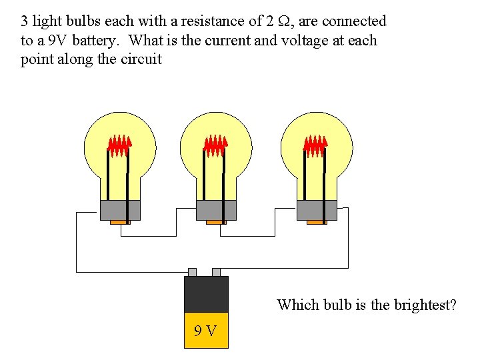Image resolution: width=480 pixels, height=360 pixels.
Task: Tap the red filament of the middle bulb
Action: [216, 145]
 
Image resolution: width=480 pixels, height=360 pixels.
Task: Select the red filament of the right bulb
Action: [316, 145]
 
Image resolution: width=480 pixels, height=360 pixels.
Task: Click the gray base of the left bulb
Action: [120, 210]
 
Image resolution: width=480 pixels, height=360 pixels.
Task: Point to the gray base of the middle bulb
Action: [216, 210]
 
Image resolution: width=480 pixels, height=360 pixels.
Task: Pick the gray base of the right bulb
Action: [316, 210]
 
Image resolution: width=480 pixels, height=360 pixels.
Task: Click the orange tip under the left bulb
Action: [120, 222]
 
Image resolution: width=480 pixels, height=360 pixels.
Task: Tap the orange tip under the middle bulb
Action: [216, 222]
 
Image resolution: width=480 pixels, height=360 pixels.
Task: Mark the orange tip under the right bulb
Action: [316, 222]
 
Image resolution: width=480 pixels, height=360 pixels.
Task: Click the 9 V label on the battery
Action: [205, 331]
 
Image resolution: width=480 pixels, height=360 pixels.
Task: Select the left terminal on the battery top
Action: [192, 272]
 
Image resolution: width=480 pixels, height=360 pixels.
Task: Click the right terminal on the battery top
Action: [216, 272]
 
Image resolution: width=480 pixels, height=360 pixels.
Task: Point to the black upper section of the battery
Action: [206, 294]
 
